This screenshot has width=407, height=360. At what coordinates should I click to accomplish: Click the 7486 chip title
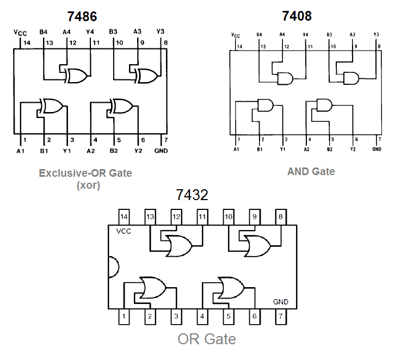pyautogui.click(x=82, y=16)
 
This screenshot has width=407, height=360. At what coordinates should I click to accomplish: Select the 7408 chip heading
pyautogui.click(x=297, y=16)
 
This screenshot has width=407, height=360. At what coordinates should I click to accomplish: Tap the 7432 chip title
pyautogui.click(x=192, y=195)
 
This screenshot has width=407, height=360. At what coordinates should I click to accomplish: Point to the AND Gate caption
pyautogui.click(x=311, y=171)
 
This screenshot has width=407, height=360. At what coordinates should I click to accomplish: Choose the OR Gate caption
pyautogui.click(x=207, y=339)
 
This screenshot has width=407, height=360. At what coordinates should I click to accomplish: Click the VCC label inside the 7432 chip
pyautogui.click(x=125, y=231)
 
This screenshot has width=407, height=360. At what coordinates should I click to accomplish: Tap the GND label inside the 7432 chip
pyautogui.click(x=281, y=302)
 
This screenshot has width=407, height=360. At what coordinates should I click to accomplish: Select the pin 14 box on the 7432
pyautogui.click(x=125, y=216)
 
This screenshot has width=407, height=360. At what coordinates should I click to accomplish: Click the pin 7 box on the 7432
pyautogui.click(x=281, y=316)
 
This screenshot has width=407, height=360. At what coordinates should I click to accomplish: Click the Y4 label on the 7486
pyautogui.click(x=90, y=32)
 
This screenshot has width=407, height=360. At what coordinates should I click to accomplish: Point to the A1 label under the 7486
pyautogui.click(x=21, y=151)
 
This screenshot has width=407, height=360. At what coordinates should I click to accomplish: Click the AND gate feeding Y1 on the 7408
pyautogui.click(x=265, y=105)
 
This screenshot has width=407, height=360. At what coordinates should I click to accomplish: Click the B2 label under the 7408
pyautogui.click(x=329, y=148)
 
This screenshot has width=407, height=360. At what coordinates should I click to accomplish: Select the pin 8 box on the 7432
pyautogui.click(x=281, y=216)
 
